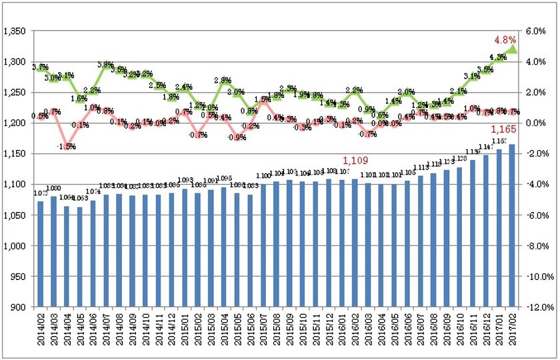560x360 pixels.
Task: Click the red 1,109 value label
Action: [x=355, y=161]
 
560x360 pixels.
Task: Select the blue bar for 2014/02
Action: [x=41, y=254]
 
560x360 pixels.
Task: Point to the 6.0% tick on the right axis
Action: [x=536, y=31]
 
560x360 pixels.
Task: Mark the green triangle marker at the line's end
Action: [x=512, y=49]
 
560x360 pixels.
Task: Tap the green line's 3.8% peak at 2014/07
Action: [x=106, y=65]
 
